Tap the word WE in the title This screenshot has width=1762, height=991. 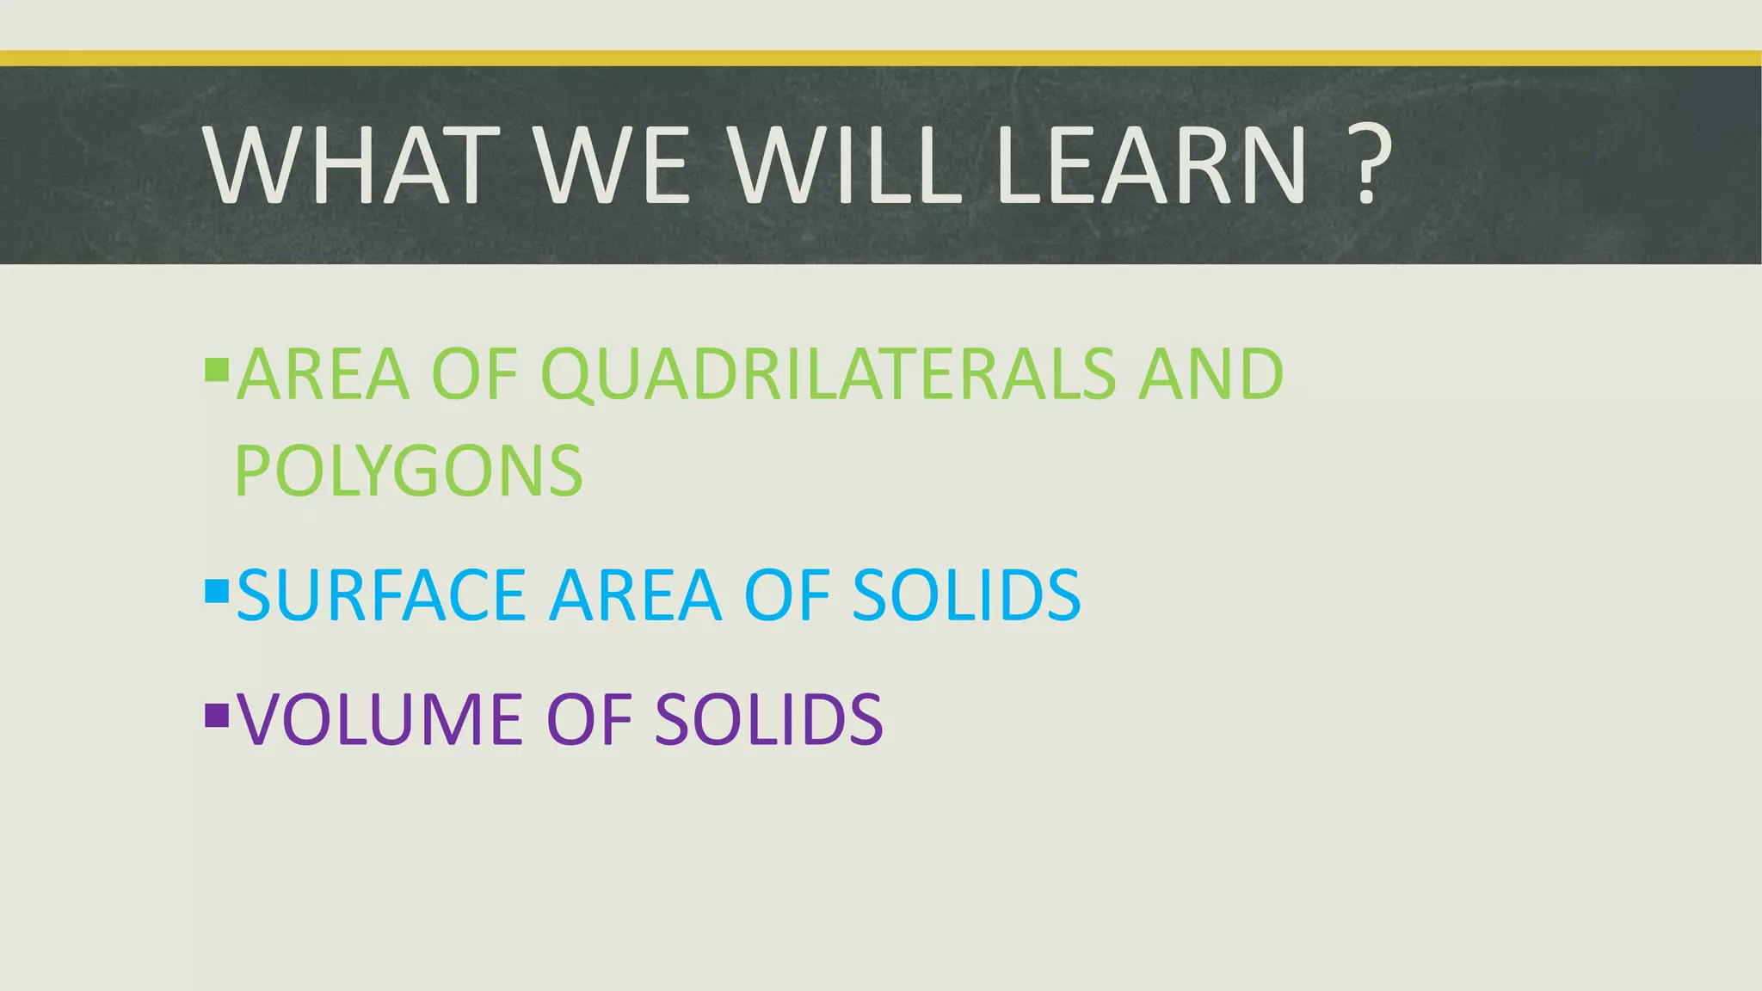click(613, 165)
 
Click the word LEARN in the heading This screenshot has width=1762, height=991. click(1150, 165)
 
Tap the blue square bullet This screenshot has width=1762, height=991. click(217, 590)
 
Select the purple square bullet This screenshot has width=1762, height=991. click(217, 714)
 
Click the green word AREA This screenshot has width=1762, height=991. click(323, 375)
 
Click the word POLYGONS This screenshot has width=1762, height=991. click(409, 471)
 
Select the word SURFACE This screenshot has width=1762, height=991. click(381, 595)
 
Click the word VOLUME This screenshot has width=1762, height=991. click(381, 719)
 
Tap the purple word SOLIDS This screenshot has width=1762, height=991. click(768, 719)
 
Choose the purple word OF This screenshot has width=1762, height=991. click(588, 719)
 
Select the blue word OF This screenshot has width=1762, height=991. click(786, 595)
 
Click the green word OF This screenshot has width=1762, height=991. click(473, 375)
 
